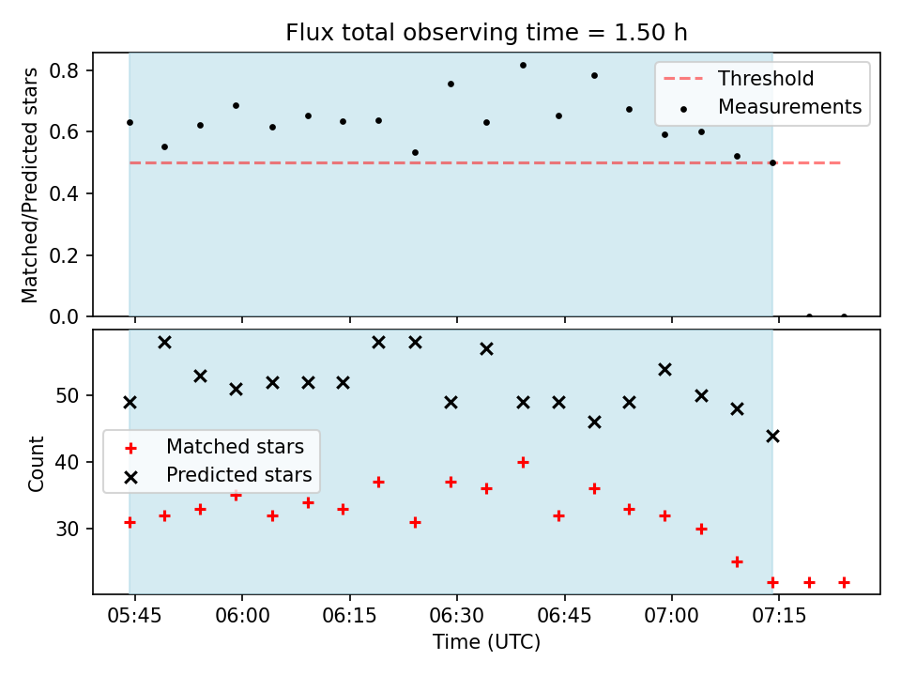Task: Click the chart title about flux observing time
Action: tap(486, 33)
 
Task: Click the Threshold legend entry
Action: tap(739, 79)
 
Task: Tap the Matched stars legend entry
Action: tap(214, 447)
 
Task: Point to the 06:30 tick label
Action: tap(457, 616)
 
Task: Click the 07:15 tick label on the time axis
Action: tap(779, 616)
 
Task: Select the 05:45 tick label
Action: tap(134, 616)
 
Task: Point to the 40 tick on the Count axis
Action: tap(67, 462)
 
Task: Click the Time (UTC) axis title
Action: tap(486, 642)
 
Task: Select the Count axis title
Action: tap(36, 463)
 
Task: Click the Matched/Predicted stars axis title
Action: tap(29, 185)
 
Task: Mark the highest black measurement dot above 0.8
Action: tap(523, 66)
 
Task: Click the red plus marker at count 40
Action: tap(523, 462)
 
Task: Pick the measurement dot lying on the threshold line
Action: tap(772, 163)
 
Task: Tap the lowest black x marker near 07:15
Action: tap(772, 437)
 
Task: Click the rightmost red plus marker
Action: tap(844, 583)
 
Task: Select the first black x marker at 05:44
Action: tap(130, 403)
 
